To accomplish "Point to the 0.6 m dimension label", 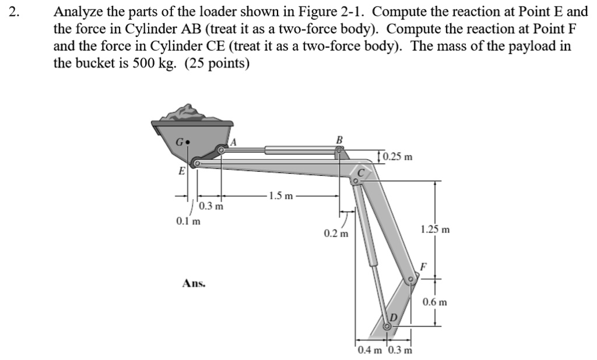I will [435, 302].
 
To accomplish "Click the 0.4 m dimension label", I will [370, 350].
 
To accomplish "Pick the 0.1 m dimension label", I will [188, 221].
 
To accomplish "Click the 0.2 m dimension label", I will [336, 234].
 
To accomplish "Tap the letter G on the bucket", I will [181, 141].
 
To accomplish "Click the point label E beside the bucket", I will [181, 171].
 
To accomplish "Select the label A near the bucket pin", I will [233, 142].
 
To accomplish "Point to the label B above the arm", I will [340, 140].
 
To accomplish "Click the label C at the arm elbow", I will [361, 172].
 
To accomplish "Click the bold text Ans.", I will [194, 284].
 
